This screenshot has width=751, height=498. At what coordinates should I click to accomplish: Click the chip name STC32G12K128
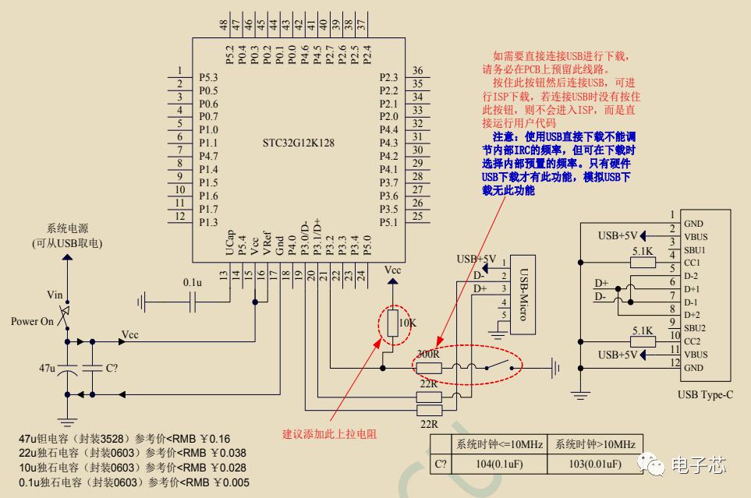tap(299, 143)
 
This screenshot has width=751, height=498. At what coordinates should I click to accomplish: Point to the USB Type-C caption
tap(705, 394)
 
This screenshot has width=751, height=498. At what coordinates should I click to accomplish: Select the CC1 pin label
tap(693, 263)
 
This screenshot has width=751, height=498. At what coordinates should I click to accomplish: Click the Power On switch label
tap(31, 321)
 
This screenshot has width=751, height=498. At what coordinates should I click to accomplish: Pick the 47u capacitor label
tap(47, 366)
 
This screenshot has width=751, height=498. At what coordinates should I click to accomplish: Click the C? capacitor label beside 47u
tap(112, 366)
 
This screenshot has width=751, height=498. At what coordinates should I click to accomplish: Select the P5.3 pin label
tap(208, 78)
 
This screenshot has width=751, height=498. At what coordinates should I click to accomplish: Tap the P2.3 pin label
tap(388, 77)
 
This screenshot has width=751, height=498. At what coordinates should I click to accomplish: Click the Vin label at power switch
tap(55, 295)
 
